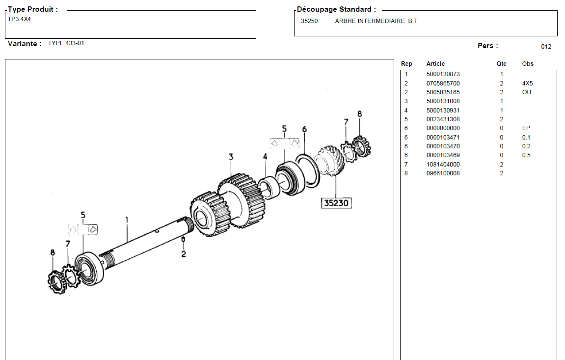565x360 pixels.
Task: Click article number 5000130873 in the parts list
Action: (443, 74)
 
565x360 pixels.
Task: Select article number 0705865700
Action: (443, 83)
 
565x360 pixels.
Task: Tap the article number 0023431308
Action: (443, 119)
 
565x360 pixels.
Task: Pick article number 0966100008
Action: (443, 173)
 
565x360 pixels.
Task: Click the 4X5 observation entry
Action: (527, 83)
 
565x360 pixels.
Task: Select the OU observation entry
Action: (527, 92)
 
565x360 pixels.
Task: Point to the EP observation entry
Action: (526, 128)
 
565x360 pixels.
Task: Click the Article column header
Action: (435, 64)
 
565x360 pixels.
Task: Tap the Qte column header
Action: (501, 64)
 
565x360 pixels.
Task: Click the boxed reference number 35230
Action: (336, 202)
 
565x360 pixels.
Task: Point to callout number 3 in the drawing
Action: (230, 157)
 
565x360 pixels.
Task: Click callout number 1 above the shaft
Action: (127, 220)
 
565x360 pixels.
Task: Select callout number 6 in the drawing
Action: (304, 129)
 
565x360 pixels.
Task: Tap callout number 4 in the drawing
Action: (265, 157)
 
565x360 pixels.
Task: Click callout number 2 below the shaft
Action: (183, 254)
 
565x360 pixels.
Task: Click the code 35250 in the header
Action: (309, 21)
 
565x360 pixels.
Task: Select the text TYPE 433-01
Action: (66, 43)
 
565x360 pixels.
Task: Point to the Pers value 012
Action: (546, 47)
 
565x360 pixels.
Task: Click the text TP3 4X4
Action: (19, 19)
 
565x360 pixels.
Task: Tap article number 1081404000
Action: (443, 165)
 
